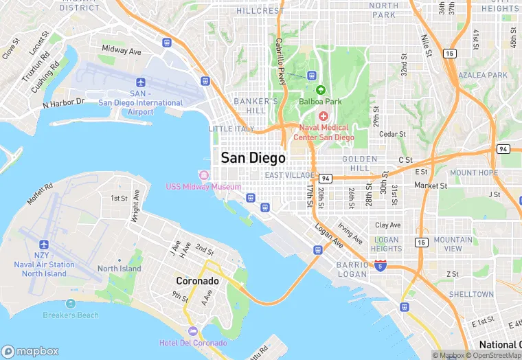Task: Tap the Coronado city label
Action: pos(197,281)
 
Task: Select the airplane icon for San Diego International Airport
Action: pos(141,82)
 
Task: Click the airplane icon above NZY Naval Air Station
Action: pos(44,245)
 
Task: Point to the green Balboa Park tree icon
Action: pos(320,90)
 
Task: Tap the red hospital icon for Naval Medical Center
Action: pos(324,116)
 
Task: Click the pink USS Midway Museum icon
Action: pos(203,175)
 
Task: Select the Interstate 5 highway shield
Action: pos(381,265)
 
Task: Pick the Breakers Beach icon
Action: pos(71,304)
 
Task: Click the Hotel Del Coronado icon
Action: pos(192,332)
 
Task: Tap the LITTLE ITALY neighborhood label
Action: pos(231,129)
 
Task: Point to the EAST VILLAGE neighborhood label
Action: pos(288,176)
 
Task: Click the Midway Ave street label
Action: pos(121,51)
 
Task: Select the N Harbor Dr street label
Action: pos(63,103)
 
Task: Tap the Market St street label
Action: pos(431,185)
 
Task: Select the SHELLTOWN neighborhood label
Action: pos(471,294)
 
